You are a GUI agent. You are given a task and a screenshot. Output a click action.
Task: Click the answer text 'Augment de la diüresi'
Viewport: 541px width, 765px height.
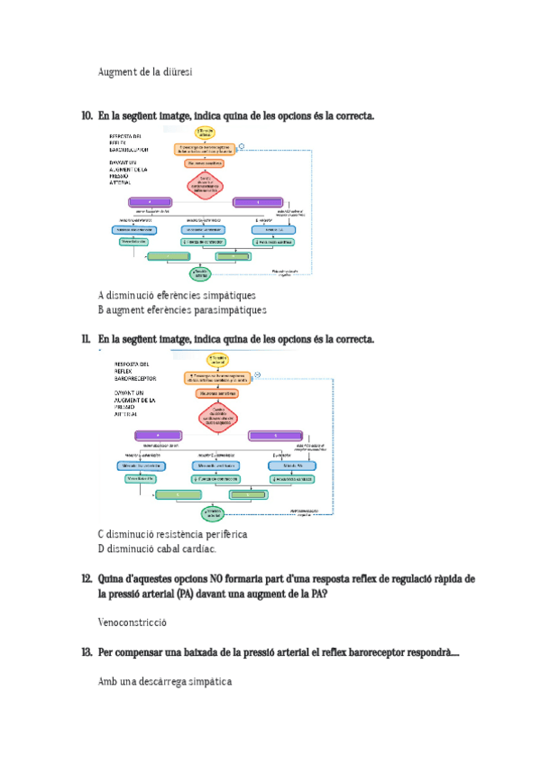coord(144,71)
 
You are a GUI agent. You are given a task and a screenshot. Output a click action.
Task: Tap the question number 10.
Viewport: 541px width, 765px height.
coord(87,116)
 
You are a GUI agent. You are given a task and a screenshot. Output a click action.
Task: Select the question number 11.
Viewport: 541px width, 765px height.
coord(87,339)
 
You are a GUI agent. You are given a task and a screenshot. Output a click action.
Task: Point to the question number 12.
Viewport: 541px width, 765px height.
coord(87,578)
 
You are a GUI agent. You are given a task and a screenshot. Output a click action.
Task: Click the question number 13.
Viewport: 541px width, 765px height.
coord(87,652)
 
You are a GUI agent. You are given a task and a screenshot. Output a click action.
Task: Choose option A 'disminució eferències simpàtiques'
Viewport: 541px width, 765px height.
coord(177,295)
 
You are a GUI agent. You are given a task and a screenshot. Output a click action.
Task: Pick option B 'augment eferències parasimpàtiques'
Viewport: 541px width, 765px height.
coord(182,310)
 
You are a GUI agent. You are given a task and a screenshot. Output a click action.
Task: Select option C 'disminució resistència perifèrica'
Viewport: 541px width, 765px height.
coord(172,534)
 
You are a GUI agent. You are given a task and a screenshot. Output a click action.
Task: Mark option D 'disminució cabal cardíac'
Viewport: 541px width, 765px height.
coord(157,548)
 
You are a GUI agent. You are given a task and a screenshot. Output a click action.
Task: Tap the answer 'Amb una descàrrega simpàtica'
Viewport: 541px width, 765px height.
coord(165,682)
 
